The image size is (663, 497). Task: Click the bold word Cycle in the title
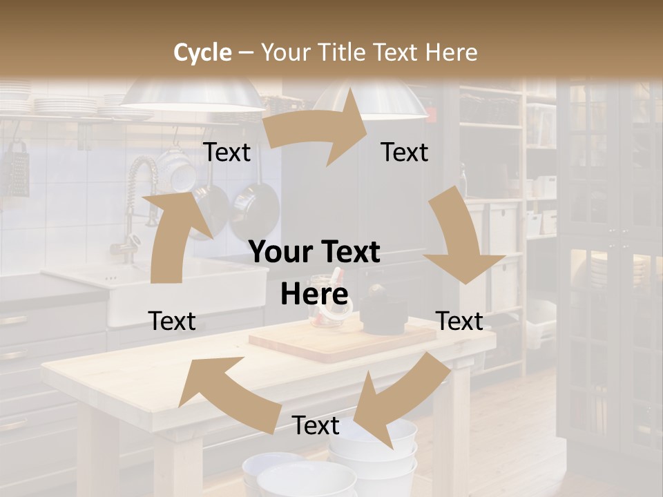pos(202,52)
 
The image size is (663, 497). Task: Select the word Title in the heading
pos(347,52)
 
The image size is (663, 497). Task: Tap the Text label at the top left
pos(227,153)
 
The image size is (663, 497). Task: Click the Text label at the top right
pos(405,153)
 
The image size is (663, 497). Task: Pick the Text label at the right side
pos(459,321)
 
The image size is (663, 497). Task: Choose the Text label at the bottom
pos(316,426)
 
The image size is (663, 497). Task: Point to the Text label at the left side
pos(172,321)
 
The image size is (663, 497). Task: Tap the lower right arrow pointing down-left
pos(397,400)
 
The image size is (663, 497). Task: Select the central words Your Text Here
pos(315,273)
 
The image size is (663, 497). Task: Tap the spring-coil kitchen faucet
pos(138,200)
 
